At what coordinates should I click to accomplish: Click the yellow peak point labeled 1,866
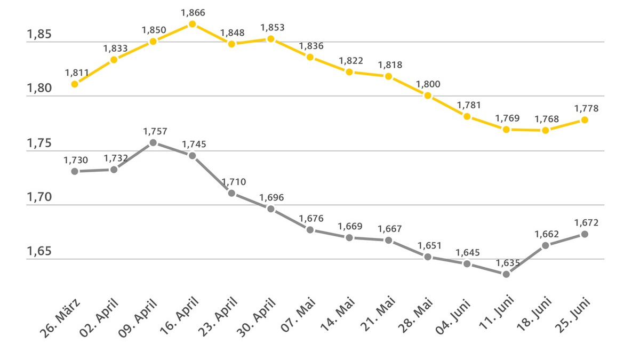click(x=192, y=24)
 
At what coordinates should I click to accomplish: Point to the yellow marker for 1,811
click(x=75, y=84)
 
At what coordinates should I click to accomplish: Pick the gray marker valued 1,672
click(x=585, y=234)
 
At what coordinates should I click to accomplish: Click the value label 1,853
click(x=272, y=27)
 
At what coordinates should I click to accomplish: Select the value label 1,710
click(x=234, y=182)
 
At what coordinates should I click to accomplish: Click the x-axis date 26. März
click(x=60, y=318)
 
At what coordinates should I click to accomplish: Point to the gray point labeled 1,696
click(x=271, y=209)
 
